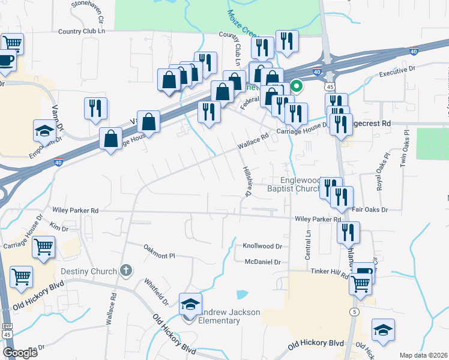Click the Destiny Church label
point(90,271)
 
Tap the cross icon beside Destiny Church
point(125,271)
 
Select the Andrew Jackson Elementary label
point(220,316)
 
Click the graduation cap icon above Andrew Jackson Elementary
point(190,305)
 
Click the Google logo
point(20,352)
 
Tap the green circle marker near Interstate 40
point(296,86)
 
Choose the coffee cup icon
point(5,61)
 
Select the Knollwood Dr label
point(262,247)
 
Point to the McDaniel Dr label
point(263,262)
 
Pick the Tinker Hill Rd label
point(330,271)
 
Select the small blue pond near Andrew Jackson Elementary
point(242,295)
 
